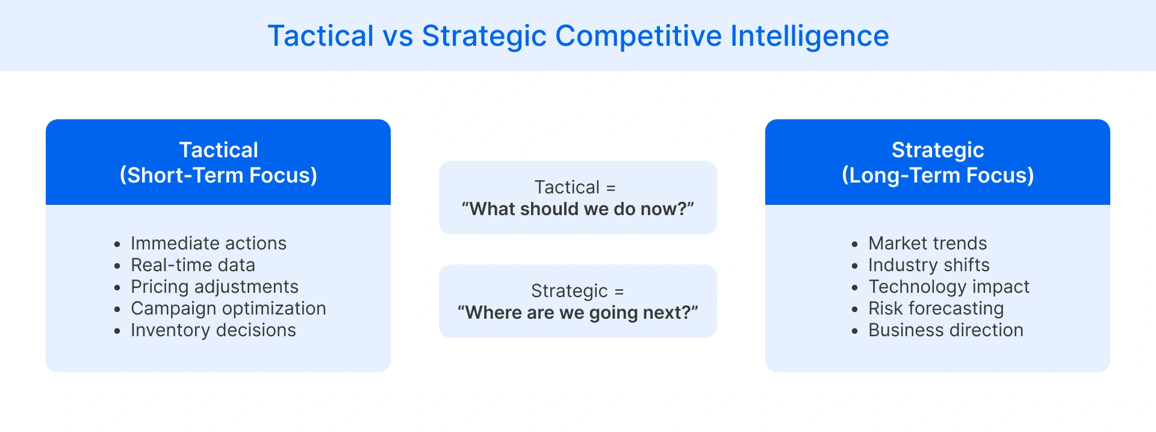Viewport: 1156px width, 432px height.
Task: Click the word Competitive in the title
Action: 638,36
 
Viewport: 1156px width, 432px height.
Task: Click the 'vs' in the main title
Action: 398,36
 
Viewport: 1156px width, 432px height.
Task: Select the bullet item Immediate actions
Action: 208,243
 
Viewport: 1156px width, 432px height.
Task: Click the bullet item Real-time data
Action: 193,265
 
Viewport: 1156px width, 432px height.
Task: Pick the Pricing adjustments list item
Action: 214,287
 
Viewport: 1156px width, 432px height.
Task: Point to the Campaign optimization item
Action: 228,308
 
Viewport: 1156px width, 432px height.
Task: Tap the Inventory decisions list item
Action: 213,330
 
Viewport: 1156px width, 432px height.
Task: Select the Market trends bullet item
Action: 927,243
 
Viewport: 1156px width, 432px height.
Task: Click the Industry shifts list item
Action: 928,265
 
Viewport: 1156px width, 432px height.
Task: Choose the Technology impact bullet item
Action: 948,287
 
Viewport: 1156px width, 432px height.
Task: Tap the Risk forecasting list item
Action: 936,308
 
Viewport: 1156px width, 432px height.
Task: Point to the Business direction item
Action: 945,330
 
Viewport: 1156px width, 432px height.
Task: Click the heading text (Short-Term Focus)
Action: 218,175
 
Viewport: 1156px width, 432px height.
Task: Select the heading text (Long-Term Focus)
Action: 937,175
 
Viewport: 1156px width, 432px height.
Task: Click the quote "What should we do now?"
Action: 577,209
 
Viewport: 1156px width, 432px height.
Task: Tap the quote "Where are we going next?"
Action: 577,313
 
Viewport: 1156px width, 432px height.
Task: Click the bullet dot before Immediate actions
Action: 117,244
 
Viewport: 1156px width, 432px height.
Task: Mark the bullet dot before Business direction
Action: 854,331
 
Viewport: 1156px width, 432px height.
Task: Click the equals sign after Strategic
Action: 619,292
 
